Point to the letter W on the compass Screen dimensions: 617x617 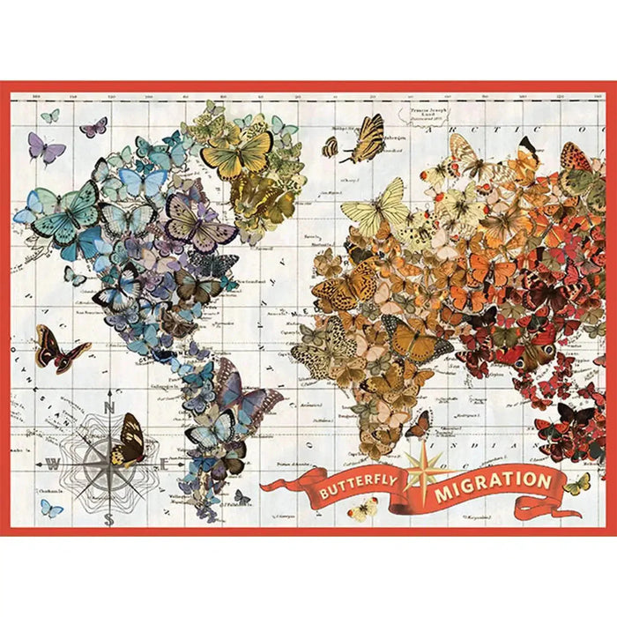[53, 465]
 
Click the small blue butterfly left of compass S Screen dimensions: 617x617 [51, 509]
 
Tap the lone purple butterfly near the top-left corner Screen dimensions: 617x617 [46, 147]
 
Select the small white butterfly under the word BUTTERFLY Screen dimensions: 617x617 [363, 509]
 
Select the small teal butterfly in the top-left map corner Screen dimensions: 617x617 [50, 115]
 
